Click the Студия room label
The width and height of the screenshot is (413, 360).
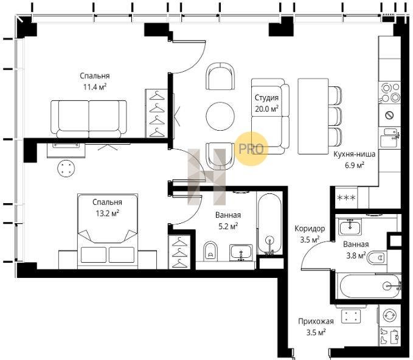(x=266, y=98)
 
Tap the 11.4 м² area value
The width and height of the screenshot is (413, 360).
(x=95, y=86)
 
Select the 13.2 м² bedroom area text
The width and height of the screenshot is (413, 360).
(x=107, y=213)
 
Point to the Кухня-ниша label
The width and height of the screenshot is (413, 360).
(x=354, y=154)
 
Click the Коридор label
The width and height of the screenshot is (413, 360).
(x=310, y=229)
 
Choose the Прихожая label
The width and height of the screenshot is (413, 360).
(x=316, y=321)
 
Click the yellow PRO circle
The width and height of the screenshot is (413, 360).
(x=251, y=149)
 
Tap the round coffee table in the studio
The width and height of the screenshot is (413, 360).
(x=220, y=116)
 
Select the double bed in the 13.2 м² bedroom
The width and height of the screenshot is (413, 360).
(x=108, y=232)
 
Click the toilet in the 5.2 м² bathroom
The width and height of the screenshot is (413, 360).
(x=210, y=251)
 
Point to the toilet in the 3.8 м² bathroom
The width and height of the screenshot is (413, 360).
(x=377, y=258)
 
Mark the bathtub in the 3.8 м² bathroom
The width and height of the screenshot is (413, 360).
(x=370, y=286)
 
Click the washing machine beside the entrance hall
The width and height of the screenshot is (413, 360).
(x=390, y=315)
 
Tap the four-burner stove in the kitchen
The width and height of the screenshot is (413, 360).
(x=390, y=92)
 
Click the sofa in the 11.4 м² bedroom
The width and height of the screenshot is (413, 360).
(x=89, y=119)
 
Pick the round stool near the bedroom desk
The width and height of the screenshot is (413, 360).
(x=66, y=168)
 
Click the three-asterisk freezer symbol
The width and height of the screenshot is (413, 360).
(x=346, y=198)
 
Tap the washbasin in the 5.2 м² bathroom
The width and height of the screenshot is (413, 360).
(x=241, y=253)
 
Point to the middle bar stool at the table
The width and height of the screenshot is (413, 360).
(x=335, y=116)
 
